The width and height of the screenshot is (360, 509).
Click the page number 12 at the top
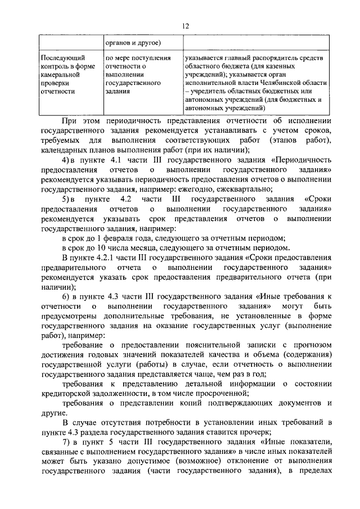pos(185,25)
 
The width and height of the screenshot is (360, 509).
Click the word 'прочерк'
pos(256,431)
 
